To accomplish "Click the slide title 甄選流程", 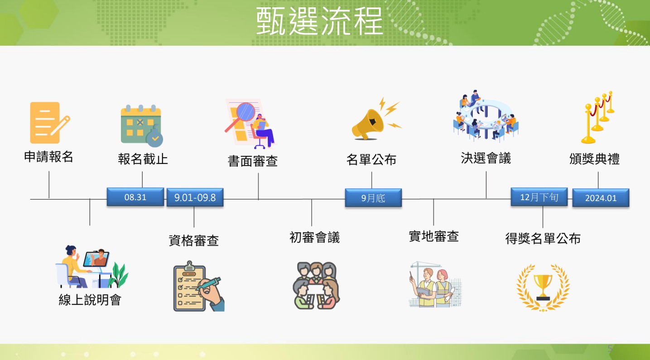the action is click(x=319, y=21).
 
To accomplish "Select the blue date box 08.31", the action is click(x=135, y=197).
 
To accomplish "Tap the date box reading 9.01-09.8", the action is click(x=195, y=197).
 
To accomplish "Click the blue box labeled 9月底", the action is click(x=373, y=198).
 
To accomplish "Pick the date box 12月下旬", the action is click(x=539, y=197).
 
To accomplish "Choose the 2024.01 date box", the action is click(x=601, y=198).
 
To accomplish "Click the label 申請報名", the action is click(x=48, y=157).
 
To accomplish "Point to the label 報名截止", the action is click(x=143, y=159).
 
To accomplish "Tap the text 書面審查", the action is click(x=252, y=161).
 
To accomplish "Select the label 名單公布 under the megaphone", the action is click(x=371, y=159).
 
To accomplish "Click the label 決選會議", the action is click(x=486, y=158).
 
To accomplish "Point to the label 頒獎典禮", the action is click(x=594, y=159).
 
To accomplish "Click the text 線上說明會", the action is click(x=90, y=300).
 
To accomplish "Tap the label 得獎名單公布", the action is click(x=543, y=239).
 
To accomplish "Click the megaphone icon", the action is click(x=376, y=119).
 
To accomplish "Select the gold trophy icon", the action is click(x=543, y=288).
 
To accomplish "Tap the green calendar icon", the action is click(x=142, y=126).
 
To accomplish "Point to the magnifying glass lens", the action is click(x=246, y=112).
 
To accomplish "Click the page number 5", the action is click(x=610, y=348).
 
